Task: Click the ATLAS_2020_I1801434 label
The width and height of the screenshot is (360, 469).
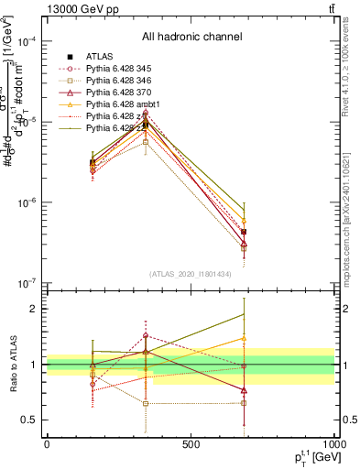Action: click(x=191, y=274)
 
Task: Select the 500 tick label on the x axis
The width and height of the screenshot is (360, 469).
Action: click(x=191, y=444)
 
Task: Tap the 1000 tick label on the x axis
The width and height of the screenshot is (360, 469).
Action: click(x=332, y=444)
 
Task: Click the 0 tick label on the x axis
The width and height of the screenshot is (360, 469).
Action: click(x=47, y=444)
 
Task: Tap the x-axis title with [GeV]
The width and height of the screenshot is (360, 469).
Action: click(x=307, y=457)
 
